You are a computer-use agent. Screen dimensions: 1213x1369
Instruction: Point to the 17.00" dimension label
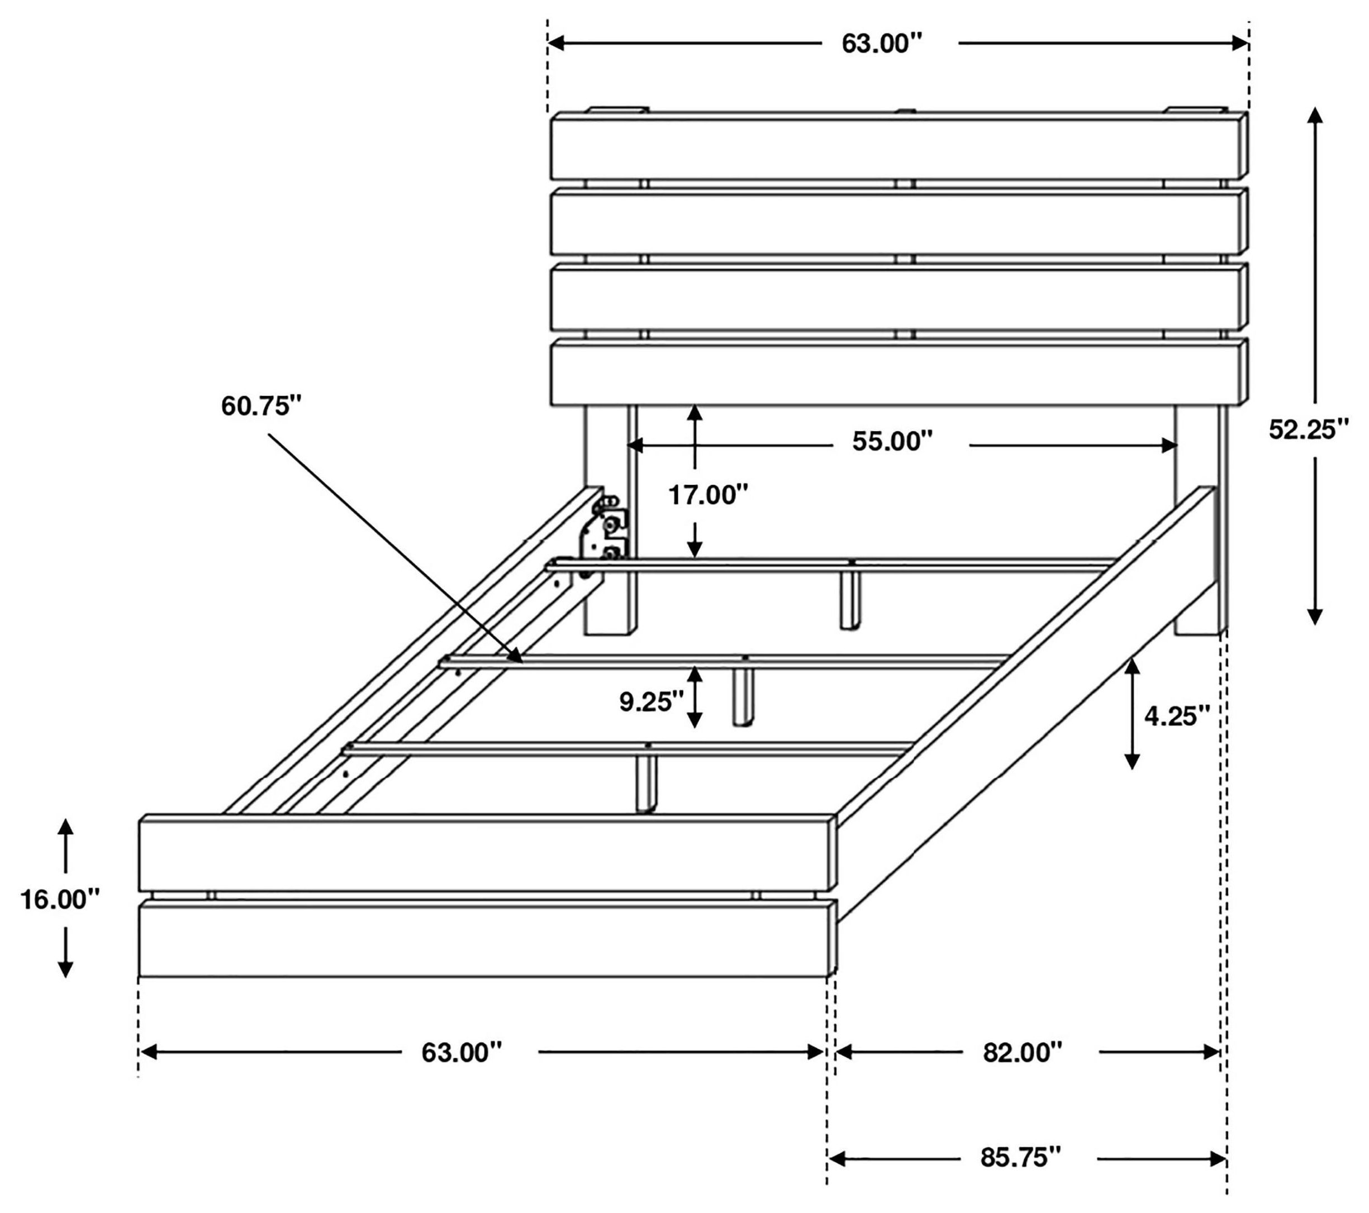click(708, 495)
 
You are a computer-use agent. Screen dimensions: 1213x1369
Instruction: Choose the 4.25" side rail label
click(1177, 717)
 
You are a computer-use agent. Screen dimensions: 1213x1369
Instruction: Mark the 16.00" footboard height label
click(60, 899)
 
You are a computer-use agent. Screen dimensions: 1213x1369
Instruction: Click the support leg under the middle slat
click(742, 696)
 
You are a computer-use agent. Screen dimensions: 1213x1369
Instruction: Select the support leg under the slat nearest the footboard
click(647, 783)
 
